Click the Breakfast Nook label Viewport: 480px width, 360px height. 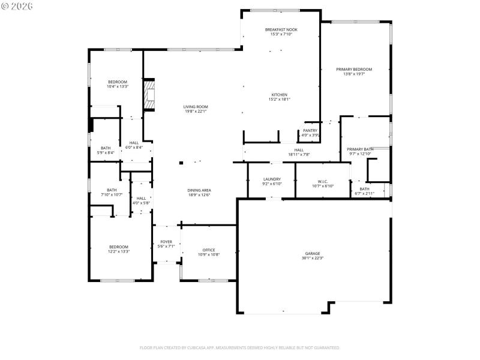pos(281,29)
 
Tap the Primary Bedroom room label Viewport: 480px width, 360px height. pos(354,70)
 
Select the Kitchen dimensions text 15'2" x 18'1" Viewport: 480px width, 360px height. pos(279,100)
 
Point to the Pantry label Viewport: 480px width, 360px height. pos(310,130)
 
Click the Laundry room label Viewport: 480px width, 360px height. pos(272,179)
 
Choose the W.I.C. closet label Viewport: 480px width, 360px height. pos(322,181)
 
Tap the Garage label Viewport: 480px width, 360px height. pos(312,254)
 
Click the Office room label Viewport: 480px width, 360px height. pos(209,250)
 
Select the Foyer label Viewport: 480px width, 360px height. pos(166,241)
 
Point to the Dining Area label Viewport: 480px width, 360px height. pos(199,190)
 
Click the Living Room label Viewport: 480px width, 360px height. pos(196,107)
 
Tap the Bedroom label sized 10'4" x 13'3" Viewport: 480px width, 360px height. pos(118,82)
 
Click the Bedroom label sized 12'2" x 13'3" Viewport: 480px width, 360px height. pos(119,247)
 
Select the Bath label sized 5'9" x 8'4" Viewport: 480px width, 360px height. pos(106,148)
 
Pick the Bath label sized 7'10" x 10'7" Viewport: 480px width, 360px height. pos(112,190)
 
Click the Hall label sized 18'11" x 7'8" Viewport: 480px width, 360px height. pos(299,150)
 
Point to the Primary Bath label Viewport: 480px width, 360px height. pos(360,149)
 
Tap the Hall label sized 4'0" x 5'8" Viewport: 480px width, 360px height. pos(141,198)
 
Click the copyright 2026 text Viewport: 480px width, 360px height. pos(17,6)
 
